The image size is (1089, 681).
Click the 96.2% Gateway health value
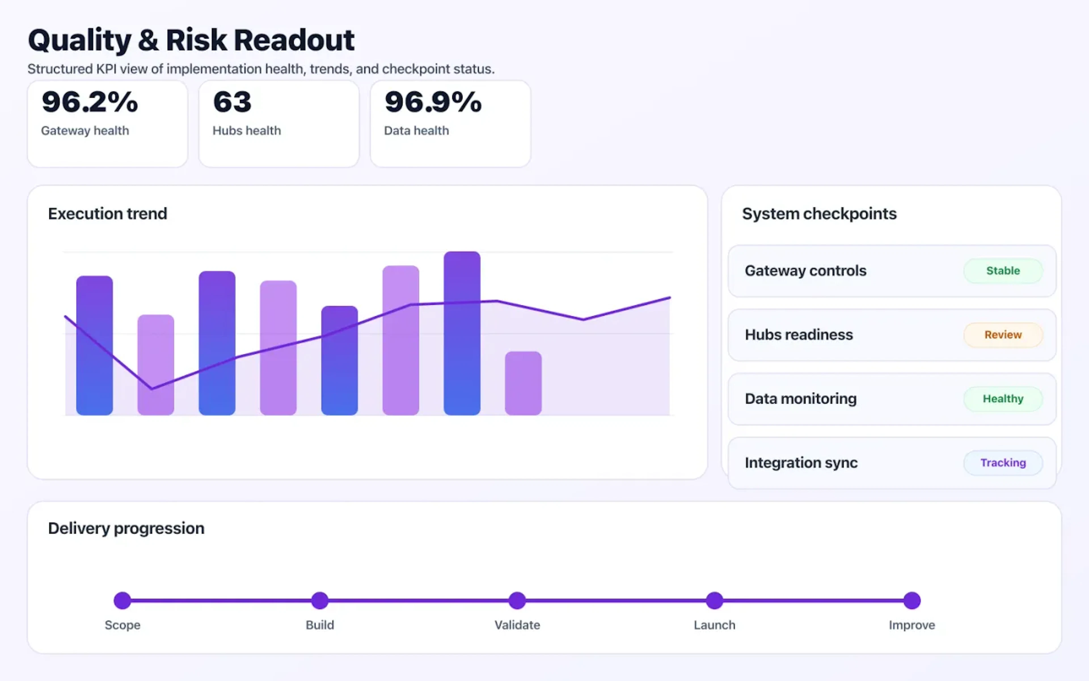click(x=90, y=102)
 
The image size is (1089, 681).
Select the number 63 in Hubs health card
click(x=232, y=102)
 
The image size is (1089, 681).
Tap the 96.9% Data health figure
click(x=433, y=102)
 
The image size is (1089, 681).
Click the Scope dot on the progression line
click(x=123, y=600)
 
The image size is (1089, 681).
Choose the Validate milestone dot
click(x=517, y=600)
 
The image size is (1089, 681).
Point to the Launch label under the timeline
click(x=714, y=625)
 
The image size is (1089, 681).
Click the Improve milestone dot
click(x=912, y=600)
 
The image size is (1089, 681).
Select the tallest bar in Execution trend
click(x=462, y=333)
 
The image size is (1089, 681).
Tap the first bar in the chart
click(x=94, y=345)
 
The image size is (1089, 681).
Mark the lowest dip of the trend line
click(x=152, y=388)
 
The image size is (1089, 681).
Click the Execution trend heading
click(x=107, y=213)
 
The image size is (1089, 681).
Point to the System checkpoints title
click(x=819, y=213)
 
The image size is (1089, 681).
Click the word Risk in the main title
click(x=196, y=40)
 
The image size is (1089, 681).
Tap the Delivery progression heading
click(x=126, y=528)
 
